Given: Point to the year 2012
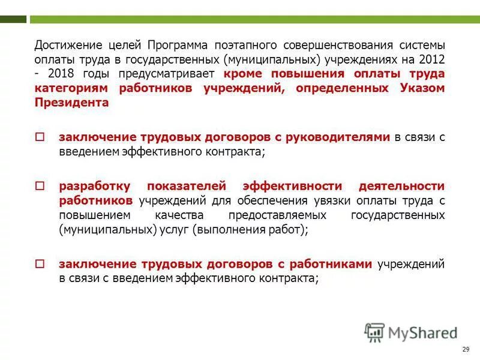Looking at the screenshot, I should coord(431,60).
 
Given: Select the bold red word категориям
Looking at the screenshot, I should coord(71,88).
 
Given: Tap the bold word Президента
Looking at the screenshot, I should coord(71,102).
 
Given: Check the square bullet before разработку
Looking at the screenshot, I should coord(40,186).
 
